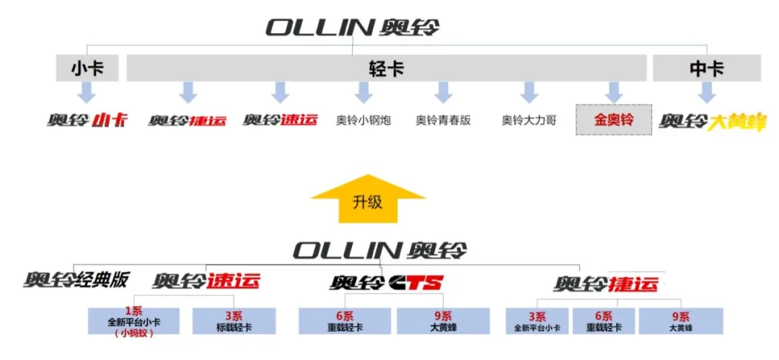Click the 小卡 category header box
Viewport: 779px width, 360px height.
pyautogui.click(x=87, y=69)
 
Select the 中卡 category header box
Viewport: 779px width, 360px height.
pyautogui.click(x=706, y=69)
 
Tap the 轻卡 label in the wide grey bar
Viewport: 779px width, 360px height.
pyautogui.click(x=386, y=69)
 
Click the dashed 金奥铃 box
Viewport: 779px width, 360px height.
pyautogui.click(x=613, y=120)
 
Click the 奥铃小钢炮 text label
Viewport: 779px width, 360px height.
pyautogui.click(x=364, y=120)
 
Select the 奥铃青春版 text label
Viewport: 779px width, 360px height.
pyautogui.click(x=443, y=120)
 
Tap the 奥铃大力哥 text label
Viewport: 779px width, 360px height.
pyautogui.click(x=529, y=120)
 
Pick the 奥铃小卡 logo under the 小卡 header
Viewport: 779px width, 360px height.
pyautogui.click(x=87, y=120)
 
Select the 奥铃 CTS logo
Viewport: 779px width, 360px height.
pyautogui.click(x=387, y=282)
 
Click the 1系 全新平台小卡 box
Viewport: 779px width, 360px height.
pyautogui.click(x=133, y=321)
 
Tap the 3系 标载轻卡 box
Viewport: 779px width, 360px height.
pyautogui.click(x=234, y=321)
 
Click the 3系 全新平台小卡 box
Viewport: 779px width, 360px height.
pyautogui.click(x=537, y=321)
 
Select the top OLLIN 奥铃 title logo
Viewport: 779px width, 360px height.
pyautogui.click(x=352, y=28)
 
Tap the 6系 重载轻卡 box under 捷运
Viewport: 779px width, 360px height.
pyautogui.click(x=604, y=321)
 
